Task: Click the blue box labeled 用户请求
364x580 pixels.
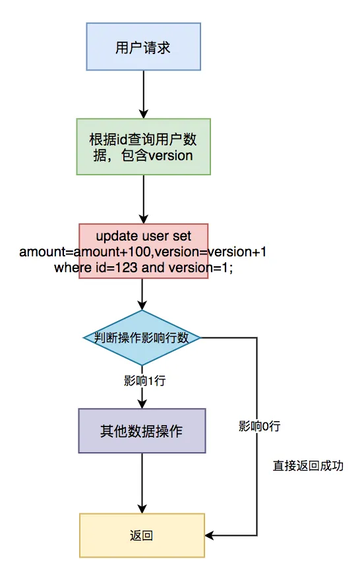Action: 143,47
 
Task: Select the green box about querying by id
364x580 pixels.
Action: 143,146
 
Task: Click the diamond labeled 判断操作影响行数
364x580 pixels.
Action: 142,337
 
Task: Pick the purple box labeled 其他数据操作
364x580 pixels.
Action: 142,431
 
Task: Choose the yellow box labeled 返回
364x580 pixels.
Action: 142,535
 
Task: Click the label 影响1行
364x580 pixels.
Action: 142,380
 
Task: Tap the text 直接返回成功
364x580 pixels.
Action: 309,465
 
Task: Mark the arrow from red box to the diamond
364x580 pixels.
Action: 142,294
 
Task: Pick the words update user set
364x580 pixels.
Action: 143,236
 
